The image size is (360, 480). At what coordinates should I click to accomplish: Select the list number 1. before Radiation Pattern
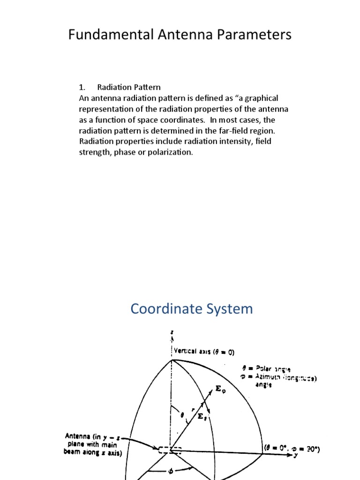click(x=82, y=87)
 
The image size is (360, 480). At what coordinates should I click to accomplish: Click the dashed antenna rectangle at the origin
click(x=169, y=450)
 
